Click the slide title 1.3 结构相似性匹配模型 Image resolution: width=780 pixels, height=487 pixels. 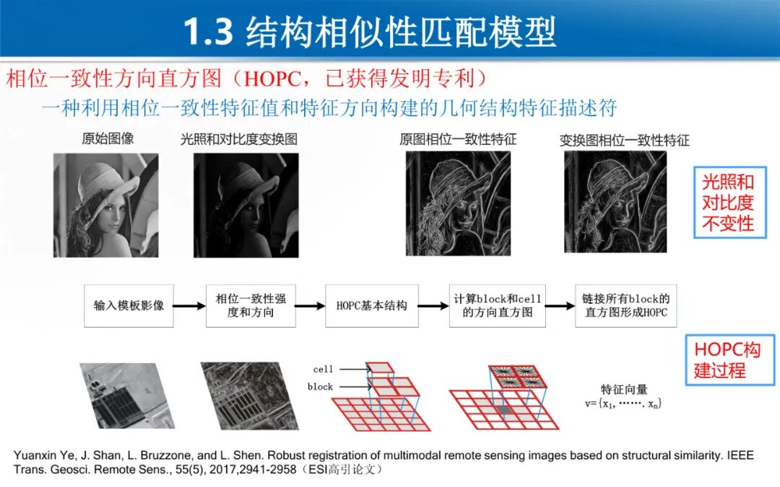369,32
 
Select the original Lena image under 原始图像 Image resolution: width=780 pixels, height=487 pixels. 106,205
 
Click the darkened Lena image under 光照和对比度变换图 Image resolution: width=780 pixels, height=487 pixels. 246,205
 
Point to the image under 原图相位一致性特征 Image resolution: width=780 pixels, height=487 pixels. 458,203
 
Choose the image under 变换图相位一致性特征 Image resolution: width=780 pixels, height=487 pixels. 615,202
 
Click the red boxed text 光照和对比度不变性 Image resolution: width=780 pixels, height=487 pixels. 729,203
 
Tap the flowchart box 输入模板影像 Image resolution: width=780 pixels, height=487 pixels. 129,306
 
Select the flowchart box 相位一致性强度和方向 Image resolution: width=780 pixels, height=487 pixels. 251,306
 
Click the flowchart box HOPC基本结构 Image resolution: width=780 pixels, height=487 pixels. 372,306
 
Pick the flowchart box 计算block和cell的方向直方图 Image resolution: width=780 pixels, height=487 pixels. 498,306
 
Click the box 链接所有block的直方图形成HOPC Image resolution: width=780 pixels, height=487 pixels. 625,306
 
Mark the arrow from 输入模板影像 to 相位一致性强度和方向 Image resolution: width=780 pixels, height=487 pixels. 189,306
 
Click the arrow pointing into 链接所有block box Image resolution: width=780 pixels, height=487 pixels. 560,306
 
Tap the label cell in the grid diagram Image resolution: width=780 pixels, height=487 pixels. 323,369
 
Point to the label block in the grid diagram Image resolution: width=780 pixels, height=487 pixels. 321,387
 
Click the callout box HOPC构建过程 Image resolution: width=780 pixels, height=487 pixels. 729,360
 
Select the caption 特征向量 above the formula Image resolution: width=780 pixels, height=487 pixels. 624,389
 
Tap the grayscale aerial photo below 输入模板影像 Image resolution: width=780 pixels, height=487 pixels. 127,395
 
